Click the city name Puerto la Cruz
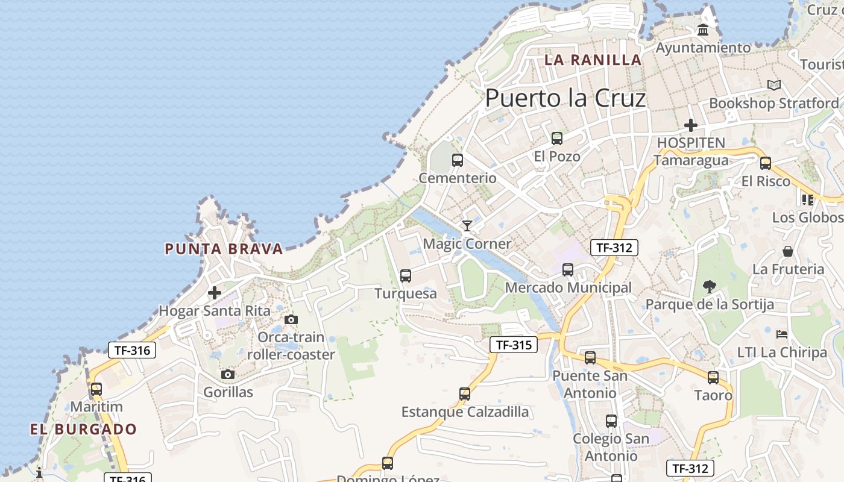click(565, 98)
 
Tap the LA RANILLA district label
click(593, 60)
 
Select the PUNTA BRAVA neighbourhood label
click(224, 249)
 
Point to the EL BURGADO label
click(84, 430)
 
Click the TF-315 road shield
click(513, 345)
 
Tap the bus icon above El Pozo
click(557, 139)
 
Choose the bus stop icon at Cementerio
click(458, 160)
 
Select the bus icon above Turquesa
click(406, 276)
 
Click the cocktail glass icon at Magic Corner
click(467, 226)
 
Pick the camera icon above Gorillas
click(227, 375)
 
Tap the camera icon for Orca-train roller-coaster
click(291, 319)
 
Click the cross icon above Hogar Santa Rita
click(214, 293)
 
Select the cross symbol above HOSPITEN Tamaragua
click(690, 125)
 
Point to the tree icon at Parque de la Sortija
click(710, 287)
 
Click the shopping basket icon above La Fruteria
click(787, 251)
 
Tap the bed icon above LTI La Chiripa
click(782, 334)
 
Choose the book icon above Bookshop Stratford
click(774, 86)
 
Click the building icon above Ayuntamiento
click(703, 30)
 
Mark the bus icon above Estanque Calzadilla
click(465, 394)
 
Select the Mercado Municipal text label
click(568, 287)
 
